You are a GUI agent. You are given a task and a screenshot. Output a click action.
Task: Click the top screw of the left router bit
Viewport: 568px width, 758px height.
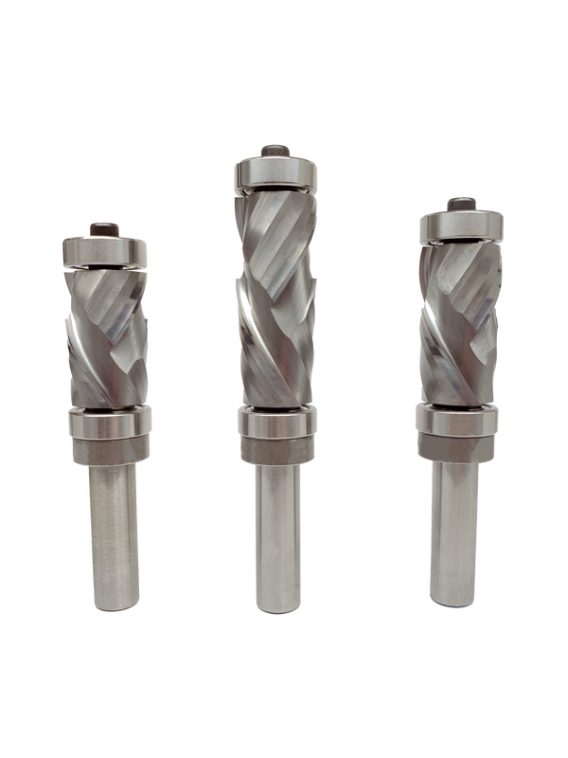pyautogui.click(x=103, y=227)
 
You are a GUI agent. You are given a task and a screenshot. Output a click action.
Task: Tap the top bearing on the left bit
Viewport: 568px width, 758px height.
pyautogui.click(x=103, y=250)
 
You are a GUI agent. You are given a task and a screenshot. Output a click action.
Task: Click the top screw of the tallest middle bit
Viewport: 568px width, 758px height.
pyautogui.click(x=274, y=151)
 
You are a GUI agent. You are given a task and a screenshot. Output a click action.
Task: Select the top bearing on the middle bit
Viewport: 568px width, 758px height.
pyautogui.click(x=274, y=176)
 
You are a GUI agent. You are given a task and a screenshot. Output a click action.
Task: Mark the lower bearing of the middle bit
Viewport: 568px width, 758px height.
pyautogui.click(x=276, y=422)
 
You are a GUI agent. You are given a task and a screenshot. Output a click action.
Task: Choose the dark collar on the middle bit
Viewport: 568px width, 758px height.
pyautogui.click(x=276, y=451)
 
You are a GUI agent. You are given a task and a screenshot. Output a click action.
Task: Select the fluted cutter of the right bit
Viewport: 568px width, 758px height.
pyautogui.click(x=460, y=322)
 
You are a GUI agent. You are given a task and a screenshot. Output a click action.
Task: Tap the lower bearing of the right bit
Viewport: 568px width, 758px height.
pyautogui.click(x=459, y=421)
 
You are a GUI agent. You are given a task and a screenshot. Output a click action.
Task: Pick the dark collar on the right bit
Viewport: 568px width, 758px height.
pyautogui.click(x=459, y=449)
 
